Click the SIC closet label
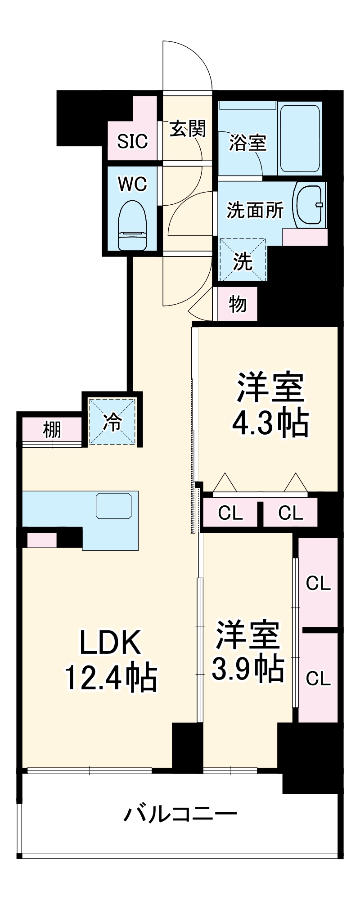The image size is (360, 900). (x=132, y=141)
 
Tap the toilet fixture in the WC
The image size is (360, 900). (x=132, y=225)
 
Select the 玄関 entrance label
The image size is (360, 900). (x=188, y=129)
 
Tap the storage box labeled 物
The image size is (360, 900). (x=238, y=304)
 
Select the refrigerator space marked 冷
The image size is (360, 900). (x=112, y=422)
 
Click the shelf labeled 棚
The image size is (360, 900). (x=52, y=430)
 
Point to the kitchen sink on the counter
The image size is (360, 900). (x=114, y=506)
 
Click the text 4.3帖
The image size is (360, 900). (x=270, y=423)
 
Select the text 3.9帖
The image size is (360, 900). (x=247, y=669)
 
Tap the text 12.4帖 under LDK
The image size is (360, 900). (x=111, y=677)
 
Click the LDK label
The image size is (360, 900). (x=111, y=643)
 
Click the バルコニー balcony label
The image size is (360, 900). (x=180, y=814)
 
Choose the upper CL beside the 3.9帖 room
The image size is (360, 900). (x=318, y=584)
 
